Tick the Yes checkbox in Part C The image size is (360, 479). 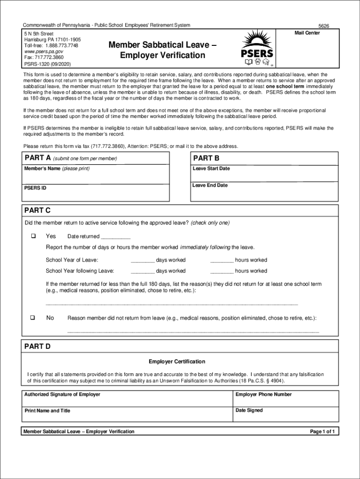click(33, 236)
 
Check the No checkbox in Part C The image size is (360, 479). click(33, 318)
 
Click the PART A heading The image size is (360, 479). click(37, 158)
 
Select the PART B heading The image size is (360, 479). click(206, 158)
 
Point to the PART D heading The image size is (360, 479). click(37, 347)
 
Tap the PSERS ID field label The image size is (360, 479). click(35, 188)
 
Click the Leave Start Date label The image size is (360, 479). click(211, 168)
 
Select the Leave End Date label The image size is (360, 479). click(210, 185)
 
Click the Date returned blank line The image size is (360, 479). click(115, 237)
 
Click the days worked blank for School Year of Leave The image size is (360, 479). click(143, 261)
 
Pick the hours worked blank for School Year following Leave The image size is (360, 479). click(222, 271)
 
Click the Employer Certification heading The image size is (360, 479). click(177, 362)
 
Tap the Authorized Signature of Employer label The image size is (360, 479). click(62, 394)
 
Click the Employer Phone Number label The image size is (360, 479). click(263, 394)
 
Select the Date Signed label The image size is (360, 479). click(249, 410)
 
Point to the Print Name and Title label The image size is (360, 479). click(47, 411)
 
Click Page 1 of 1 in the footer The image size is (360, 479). click(323, 431)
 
